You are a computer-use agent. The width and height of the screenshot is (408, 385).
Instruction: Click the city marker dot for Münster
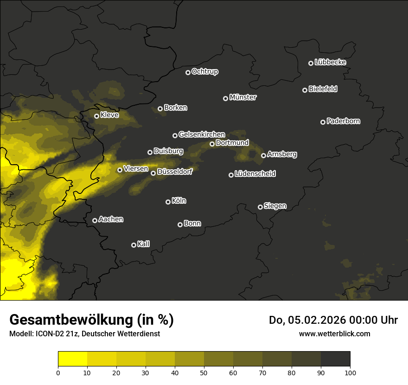pyautogui.click(x=226, y=98)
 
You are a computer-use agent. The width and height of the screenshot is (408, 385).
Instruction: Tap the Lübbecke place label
pyautogui.click(x=330, y=62)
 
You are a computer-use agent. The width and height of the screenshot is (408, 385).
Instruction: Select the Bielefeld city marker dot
pyautogui.click(x=305, y=90)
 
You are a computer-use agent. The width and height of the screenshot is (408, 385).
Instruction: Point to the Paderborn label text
pyautogui.click(x=344, y=121)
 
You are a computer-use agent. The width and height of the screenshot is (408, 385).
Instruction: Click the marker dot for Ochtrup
pyautogui.click(x=188, y=72)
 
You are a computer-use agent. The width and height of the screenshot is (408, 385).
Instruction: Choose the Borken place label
pyautogui.click(x=175, y=108)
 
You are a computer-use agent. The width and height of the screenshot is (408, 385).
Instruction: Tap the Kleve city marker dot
pyautogui.click(x=97, y=116)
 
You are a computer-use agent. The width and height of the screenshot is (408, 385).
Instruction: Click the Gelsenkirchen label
pyautogui.click(x=202, y=135)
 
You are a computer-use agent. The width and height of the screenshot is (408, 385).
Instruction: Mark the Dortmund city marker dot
pyautogui.click(x=212, y=144)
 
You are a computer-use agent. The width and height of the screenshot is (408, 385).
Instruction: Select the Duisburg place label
pyautogui.click(x=168, y=151)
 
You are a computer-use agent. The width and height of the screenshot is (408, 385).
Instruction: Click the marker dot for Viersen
pyautogui.click(x=120, y=170)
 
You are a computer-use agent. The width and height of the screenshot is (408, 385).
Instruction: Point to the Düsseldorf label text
pyautogui.click(x=175, y=172)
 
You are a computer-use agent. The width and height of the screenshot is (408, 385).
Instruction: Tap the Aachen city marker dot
pyautogui.click(x=95, y=220)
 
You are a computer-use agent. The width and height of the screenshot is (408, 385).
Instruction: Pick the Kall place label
pyautogui.click(x=144, y=244)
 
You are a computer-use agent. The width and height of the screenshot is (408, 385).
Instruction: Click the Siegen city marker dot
pyautogui.click(x=261, y=207)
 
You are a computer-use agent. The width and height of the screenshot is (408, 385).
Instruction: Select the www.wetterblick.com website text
pyautogui.click(x=335, y=334)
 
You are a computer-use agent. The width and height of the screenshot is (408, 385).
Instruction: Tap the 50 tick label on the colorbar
pyautogui.click(x=204, y=372)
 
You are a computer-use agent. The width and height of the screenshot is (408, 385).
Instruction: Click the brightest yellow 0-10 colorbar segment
pyautogui.click(x=73, y=359)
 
